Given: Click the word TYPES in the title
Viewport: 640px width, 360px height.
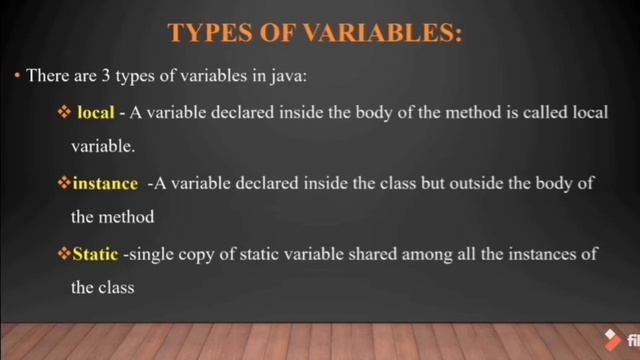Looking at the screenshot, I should click(206, 33).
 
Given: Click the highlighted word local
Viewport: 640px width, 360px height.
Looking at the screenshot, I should click(95, 113).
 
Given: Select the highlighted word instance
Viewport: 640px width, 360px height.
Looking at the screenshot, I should click(105, 184).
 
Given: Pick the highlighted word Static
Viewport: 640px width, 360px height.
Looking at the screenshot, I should click(96, 254).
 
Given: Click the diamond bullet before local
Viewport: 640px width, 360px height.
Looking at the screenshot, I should click(64, 113).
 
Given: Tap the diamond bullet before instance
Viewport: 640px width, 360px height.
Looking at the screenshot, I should click(64, 184).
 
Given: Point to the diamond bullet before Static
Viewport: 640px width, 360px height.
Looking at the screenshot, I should click(64, 254).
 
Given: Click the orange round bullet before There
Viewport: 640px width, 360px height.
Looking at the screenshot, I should click(17, 76).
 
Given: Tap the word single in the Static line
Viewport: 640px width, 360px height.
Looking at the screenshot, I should click(152, 255).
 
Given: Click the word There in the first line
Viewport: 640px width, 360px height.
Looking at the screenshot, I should click(47, 76).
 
